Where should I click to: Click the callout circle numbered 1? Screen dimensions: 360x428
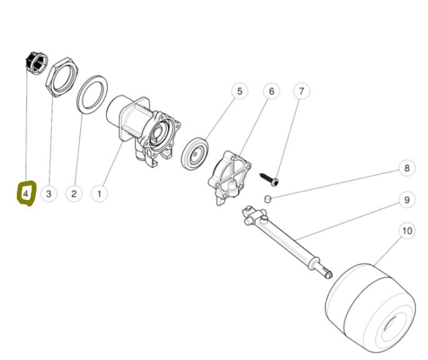click(x=99, y=194)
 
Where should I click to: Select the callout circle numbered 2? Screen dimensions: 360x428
click(x=74, y=194)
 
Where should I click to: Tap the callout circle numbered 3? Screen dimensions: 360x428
click(x=49, y=194)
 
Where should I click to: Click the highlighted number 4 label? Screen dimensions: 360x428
click(x=26, y=194)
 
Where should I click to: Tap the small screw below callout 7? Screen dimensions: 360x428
click(x=271, y=177)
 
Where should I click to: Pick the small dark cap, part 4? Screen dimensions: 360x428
click(x=35, y=62)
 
